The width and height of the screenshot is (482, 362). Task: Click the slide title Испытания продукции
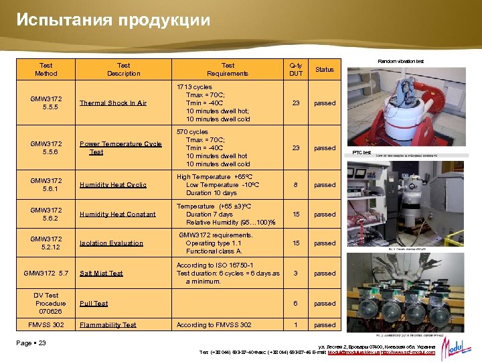coord(114,20)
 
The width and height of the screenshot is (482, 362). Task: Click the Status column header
coord(325,70)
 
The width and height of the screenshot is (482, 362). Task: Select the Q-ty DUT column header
coord(296,70)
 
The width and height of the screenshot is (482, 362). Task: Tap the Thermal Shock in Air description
coord(113,103)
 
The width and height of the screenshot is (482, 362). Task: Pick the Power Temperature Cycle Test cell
coord(120,148)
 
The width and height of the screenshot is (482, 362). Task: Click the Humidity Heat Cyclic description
coord(113,185)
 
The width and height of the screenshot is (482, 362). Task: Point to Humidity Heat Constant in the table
coord(118,215)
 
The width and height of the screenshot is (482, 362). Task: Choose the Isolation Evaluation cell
coord(111,243)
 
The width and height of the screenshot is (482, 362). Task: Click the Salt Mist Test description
coord(101,274)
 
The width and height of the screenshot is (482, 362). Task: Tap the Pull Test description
coord(94,304)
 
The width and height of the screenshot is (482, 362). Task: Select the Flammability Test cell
coord(108,325)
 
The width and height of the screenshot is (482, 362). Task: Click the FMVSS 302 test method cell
coord(46,325)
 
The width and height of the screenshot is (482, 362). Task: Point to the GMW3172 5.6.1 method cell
coord(46,185)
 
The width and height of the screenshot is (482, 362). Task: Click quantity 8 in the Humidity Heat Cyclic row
coord(296,185)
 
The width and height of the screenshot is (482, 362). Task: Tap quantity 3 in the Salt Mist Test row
coord(296,274)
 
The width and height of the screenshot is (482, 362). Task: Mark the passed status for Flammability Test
coord(325,325)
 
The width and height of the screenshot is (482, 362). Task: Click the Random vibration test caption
coord(400,62)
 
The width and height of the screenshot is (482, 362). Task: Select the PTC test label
coord(362,153)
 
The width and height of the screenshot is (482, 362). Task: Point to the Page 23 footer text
coord(32,343)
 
